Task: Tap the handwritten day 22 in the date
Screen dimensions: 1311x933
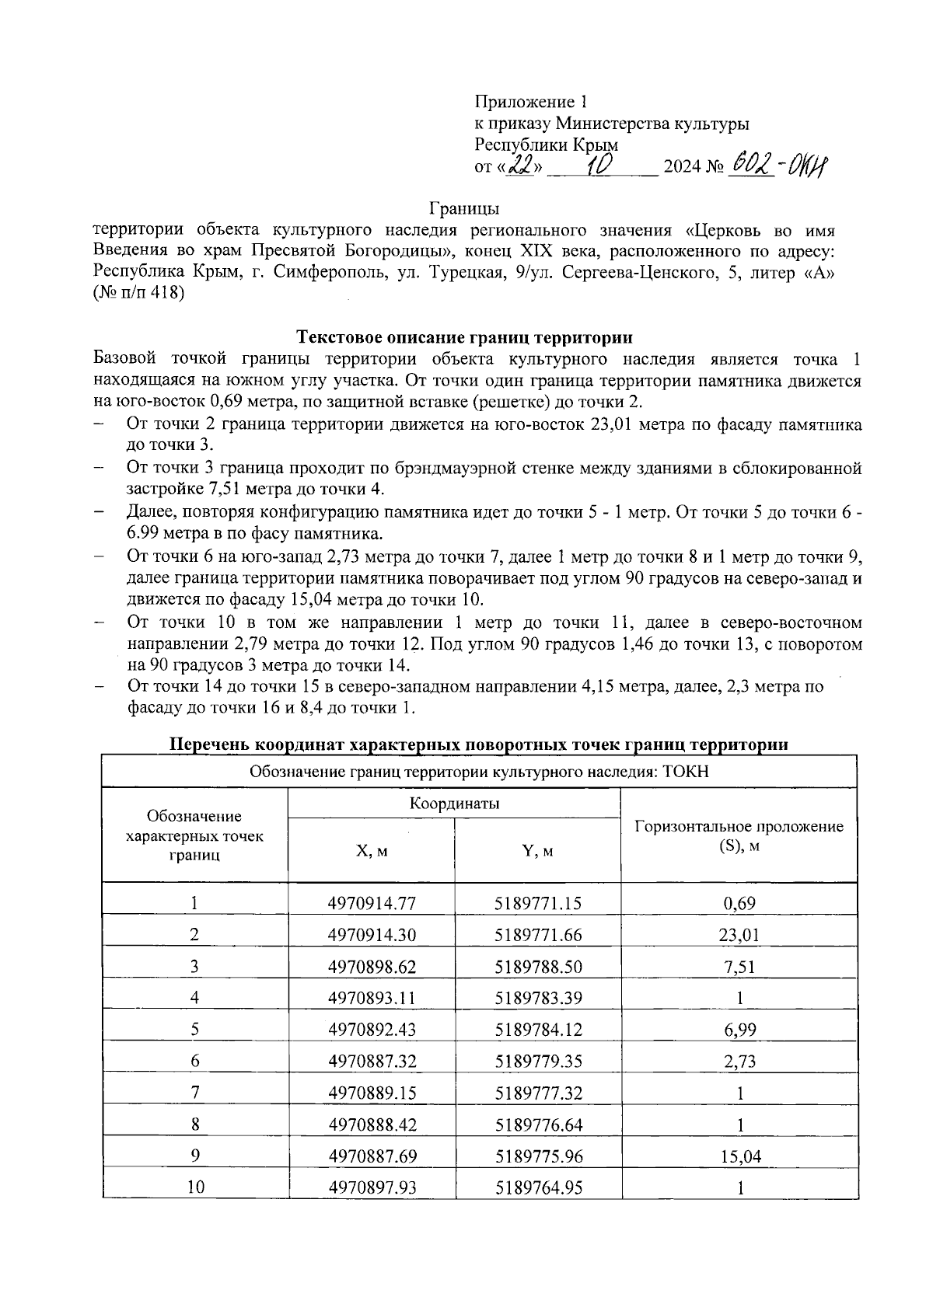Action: coord(519,166)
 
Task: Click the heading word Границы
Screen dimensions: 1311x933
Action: coord(464,208)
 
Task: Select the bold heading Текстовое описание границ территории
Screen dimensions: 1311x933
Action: coord(465,337)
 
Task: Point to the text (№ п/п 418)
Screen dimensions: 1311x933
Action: coord(138,294)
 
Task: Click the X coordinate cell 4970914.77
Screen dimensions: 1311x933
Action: coord(372,903)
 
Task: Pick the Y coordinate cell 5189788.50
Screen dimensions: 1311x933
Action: coord(538,967)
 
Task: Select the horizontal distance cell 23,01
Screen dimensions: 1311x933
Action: coord(739,935)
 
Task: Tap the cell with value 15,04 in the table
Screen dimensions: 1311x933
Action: coord(739,1156)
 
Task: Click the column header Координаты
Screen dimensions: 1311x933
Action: coord(454,804)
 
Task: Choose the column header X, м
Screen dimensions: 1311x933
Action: coord(372,851)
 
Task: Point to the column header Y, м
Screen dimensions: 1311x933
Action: coord(538,851)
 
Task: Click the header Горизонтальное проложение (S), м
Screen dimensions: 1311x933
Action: coord(739,835)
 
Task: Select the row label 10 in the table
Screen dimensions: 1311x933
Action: coord(194,1187)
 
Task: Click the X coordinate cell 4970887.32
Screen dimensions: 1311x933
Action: coord(372,1062)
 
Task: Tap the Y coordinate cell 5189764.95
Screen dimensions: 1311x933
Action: coord(538,1187)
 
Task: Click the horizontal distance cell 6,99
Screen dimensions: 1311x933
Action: coord(739,1030)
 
